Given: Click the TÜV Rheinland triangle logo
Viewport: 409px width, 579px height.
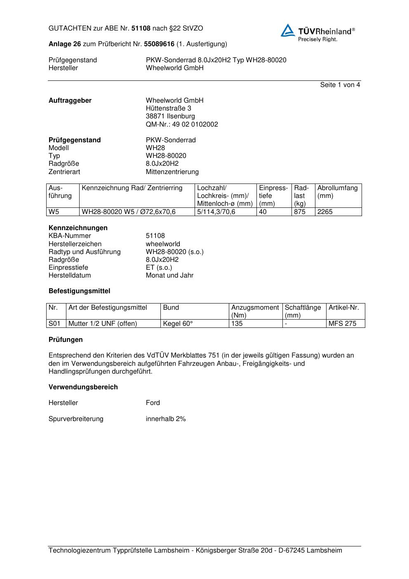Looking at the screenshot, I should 288,31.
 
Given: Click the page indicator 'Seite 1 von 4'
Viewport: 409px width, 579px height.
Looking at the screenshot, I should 340,85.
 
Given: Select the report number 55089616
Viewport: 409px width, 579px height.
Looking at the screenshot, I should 159,44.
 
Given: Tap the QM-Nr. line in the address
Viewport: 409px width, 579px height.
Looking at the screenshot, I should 182,125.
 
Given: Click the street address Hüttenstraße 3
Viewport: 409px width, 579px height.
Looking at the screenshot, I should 168,108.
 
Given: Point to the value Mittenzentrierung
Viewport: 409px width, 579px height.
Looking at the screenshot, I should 172,172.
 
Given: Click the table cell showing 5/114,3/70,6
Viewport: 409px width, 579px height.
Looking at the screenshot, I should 216,212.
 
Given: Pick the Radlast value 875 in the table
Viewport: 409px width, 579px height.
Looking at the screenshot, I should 300,212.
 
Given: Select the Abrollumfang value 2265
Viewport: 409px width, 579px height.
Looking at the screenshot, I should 325,212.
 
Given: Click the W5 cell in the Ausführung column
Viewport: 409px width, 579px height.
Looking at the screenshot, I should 54,212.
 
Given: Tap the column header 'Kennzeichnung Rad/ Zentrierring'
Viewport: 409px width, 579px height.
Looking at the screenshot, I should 132,188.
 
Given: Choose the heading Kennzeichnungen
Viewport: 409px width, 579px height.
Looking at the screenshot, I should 78,228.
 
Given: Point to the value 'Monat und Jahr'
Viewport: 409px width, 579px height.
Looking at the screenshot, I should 169,275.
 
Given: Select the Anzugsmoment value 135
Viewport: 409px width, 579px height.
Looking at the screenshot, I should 237,324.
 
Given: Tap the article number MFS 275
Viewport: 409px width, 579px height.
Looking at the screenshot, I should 342,324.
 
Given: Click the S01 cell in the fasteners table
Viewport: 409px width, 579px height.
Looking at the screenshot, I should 54,324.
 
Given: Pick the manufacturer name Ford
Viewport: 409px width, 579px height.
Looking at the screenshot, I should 153,403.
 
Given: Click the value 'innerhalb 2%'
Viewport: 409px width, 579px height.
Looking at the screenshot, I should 166,419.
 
